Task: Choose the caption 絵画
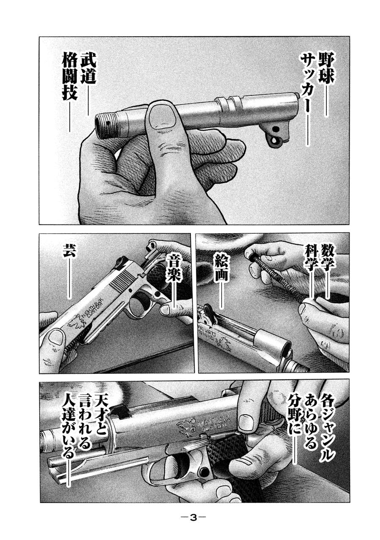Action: coord(221,267)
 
